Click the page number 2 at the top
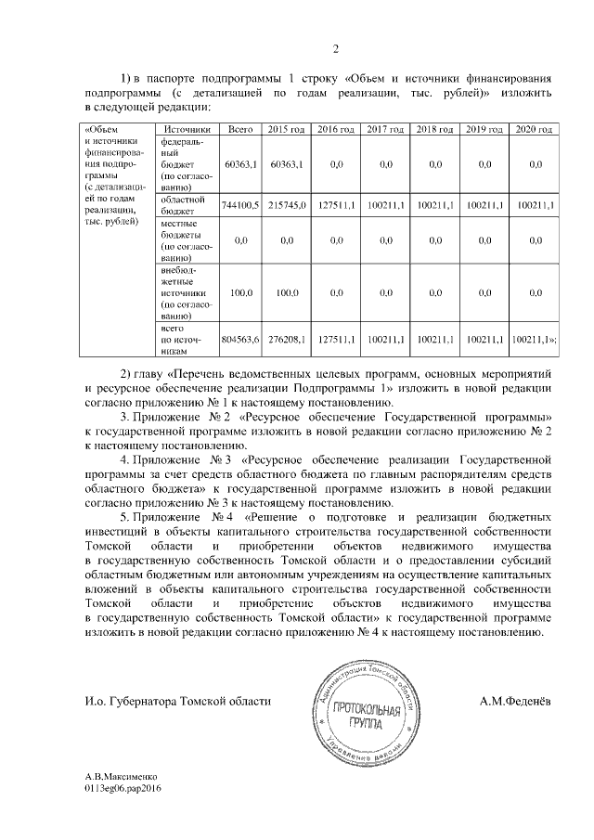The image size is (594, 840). [x=337, y=48]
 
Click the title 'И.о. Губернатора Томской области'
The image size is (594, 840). [x=177, y=702]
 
